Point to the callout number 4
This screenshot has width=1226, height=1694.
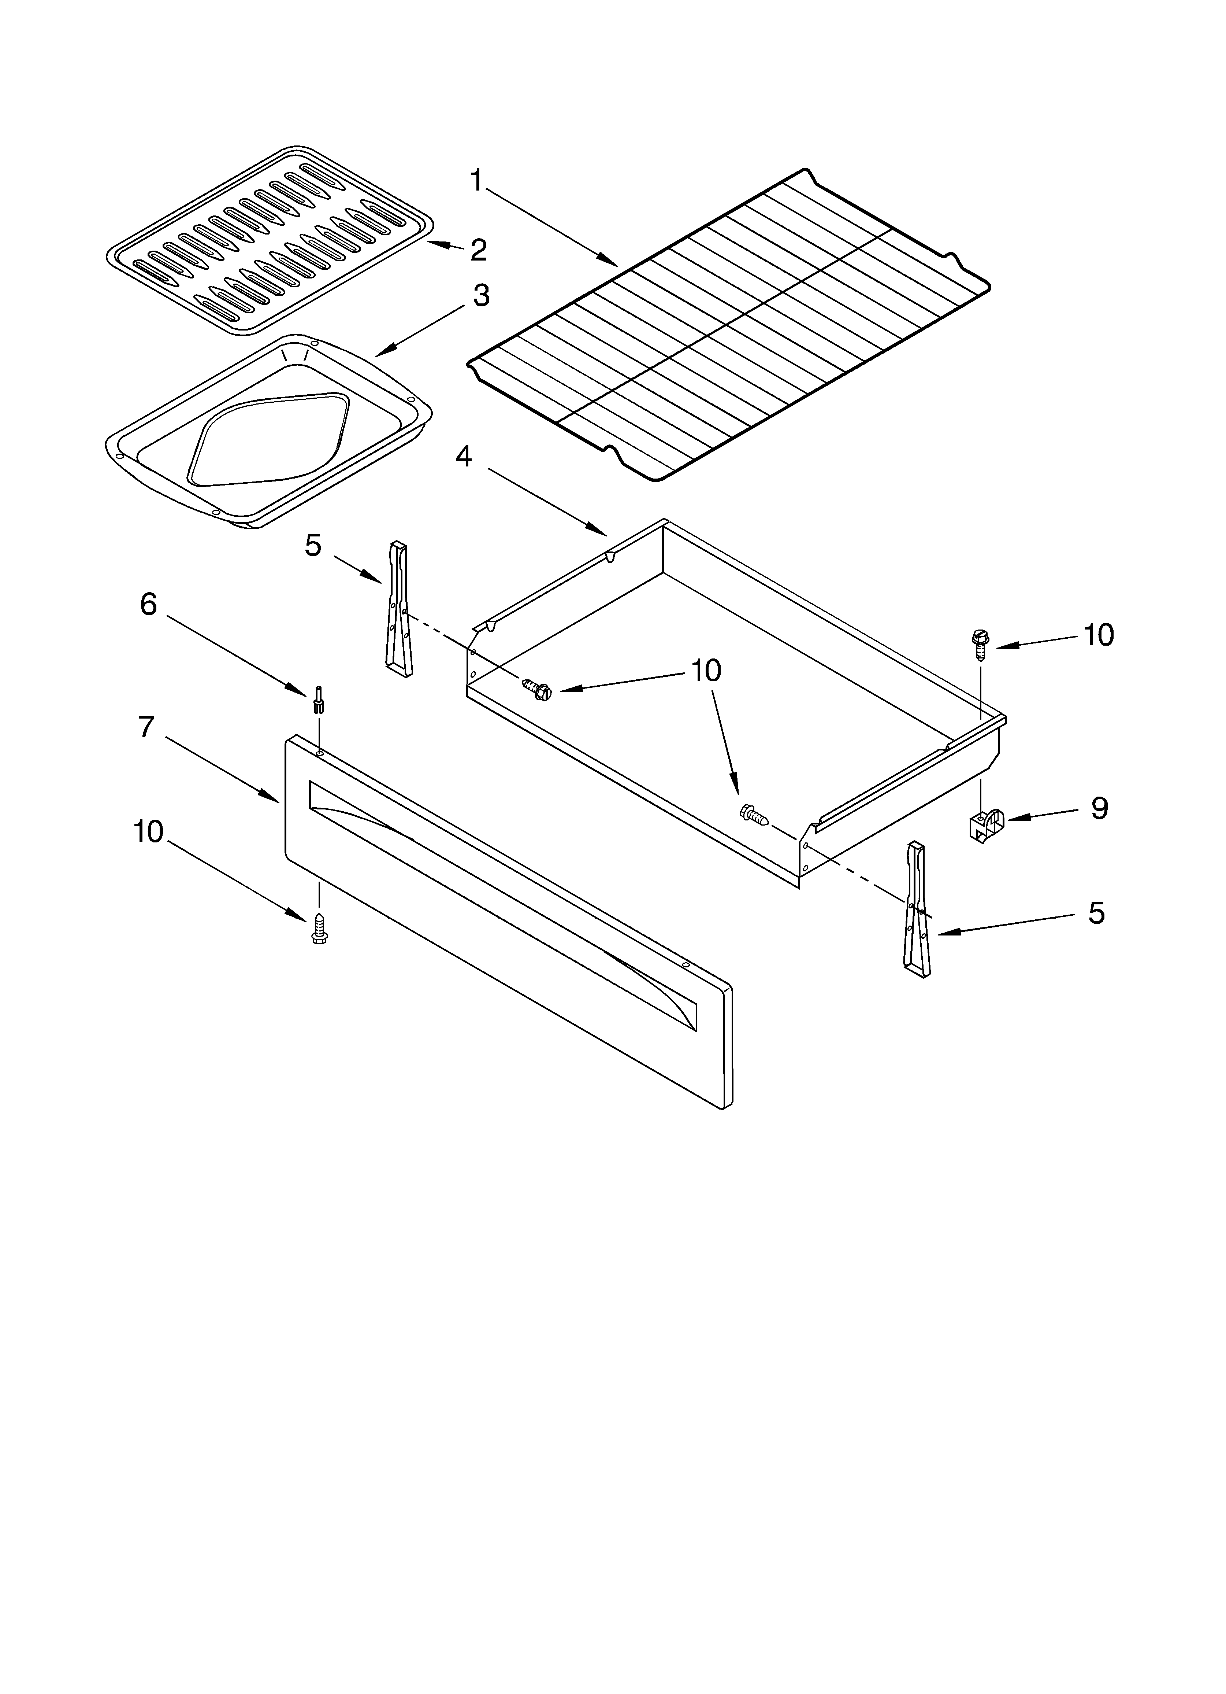[464, 456]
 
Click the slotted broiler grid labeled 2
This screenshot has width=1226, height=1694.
[269, 239]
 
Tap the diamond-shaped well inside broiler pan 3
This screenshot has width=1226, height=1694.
[269, 437]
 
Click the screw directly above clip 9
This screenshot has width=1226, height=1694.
[979, 642]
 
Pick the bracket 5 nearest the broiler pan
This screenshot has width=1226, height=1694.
[399, 610]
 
